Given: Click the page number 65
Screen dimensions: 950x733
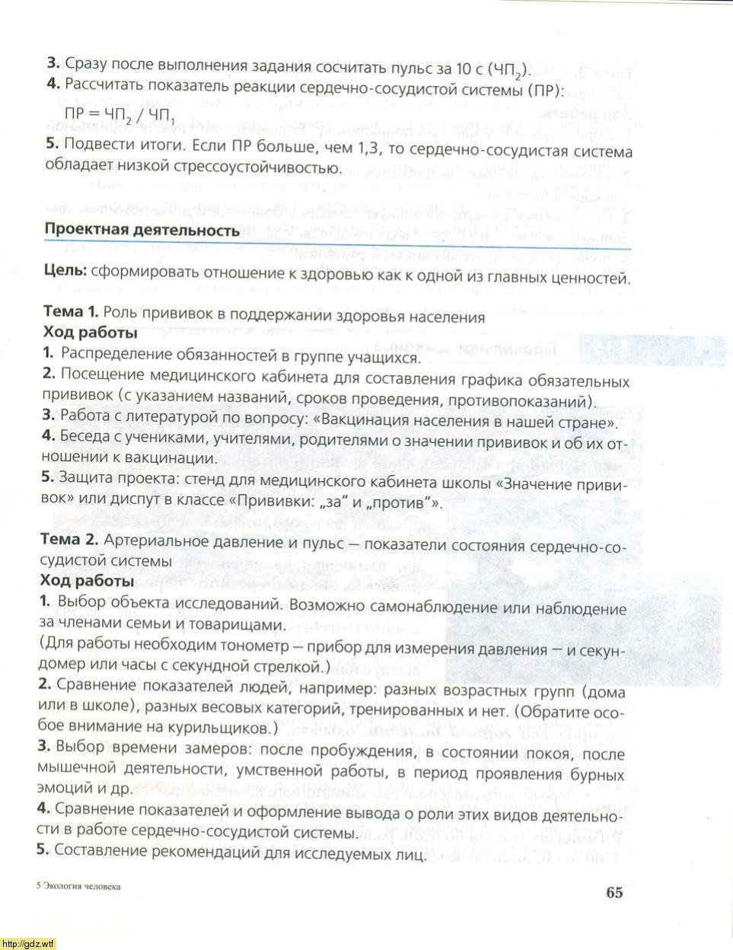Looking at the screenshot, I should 613,892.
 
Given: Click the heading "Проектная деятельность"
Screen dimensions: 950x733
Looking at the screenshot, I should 142,229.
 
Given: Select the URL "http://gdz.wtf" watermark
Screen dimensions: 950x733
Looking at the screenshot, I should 28,944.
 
